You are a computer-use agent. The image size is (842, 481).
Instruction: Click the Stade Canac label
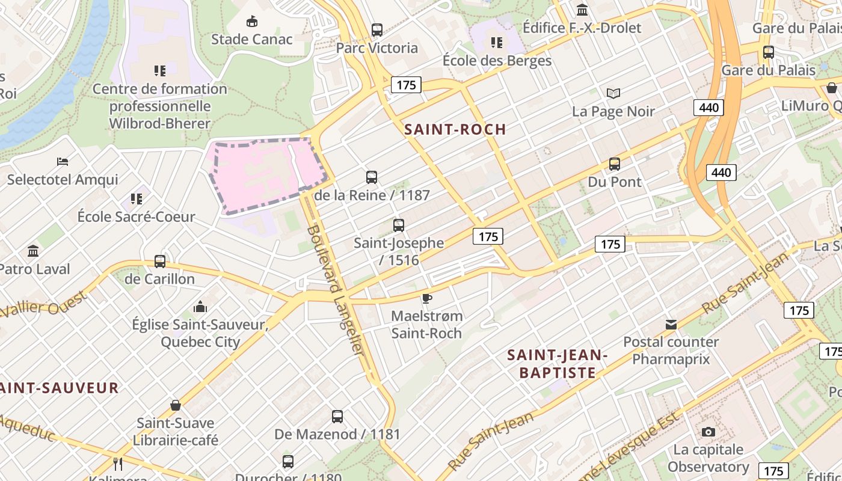pyautogui.click(x=251, y=40)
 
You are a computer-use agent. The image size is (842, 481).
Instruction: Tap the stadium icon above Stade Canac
pyautogui.click(x=252, y=22)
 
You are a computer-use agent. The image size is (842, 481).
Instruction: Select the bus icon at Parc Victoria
pyautogui.click(x=377, y=29)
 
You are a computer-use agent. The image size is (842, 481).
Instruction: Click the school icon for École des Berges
pyautogui.click(x=496, y=42)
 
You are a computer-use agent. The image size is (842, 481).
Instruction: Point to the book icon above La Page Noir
pyautogui.click(x=613, y=93)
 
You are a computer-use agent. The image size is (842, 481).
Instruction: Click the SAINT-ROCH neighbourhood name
pyautogui.click(x=455, y=129)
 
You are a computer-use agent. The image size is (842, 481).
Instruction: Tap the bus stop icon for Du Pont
pyautogui.click(x=614, y=164)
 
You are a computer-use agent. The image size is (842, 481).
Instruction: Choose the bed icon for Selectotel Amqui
pyautogui.click(x=63, y=161)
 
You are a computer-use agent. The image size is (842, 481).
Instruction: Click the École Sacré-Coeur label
pyautogui.click(x=136, y=217)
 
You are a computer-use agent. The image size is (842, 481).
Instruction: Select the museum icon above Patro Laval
pyautogui.click(x=33, y=251)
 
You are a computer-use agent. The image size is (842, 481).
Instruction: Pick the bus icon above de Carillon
pyautogui.click(x=159, y=261)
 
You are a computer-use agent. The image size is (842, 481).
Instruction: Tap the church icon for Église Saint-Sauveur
pyautogui.click(x=200, y=307)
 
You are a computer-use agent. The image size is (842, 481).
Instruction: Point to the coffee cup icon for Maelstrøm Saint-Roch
pyautogui.click(x=427, y=298)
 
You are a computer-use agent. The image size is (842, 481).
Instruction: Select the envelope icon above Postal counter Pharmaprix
pyautogui.click(x=671, y=325)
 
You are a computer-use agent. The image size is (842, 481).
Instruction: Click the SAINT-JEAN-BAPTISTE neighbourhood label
pyautogui.click(x=558, y=364)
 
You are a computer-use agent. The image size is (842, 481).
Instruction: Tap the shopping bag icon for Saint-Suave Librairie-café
pyautogui.click(x=176, y=405)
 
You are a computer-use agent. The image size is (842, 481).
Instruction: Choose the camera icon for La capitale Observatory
pyautogui.click(x=708, y=432)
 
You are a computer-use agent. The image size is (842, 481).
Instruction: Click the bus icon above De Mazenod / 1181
pyautogui.click(x=337, y=416)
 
